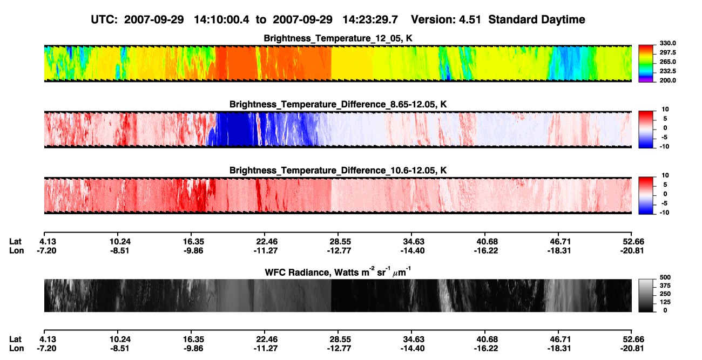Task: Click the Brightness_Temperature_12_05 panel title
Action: (338, 38)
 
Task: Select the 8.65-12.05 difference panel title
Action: (338, 104)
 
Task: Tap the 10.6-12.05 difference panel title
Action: (338, 171)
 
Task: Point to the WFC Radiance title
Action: (338, 272)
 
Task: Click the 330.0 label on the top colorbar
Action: (667, 43)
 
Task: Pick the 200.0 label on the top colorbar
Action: (667, 80)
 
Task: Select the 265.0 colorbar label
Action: (667, 62)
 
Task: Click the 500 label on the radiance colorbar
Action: (665, 277)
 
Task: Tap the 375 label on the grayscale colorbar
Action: (665, 286)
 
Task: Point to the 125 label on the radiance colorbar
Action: (665, 302)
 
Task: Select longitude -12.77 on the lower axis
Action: (339, 349)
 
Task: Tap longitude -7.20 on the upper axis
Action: (46, 250)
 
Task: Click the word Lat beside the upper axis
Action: (15, 242)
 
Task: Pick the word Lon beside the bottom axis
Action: (16, 349)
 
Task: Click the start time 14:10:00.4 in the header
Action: (221, 20)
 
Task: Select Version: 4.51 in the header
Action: (446, 20)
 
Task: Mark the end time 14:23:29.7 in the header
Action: (370, 20)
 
